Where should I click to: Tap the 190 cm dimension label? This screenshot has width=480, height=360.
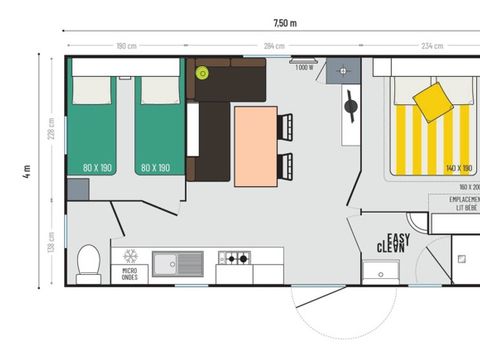click(126, 46)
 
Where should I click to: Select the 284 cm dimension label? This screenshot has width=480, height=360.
click(275, 46)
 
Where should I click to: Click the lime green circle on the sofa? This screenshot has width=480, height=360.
click(202, 72)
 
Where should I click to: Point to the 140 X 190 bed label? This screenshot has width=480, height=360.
click(458, 169)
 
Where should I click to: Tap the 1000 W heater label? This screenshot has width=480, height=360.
click(304, 68)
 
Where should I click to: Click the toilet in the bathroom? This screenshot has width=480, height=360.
click(88, 264)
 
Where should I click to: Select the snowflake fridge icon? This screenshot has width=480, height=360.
click(129, 256)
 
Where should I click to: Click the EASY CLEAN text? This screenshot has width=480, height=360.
click(391, 241)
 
